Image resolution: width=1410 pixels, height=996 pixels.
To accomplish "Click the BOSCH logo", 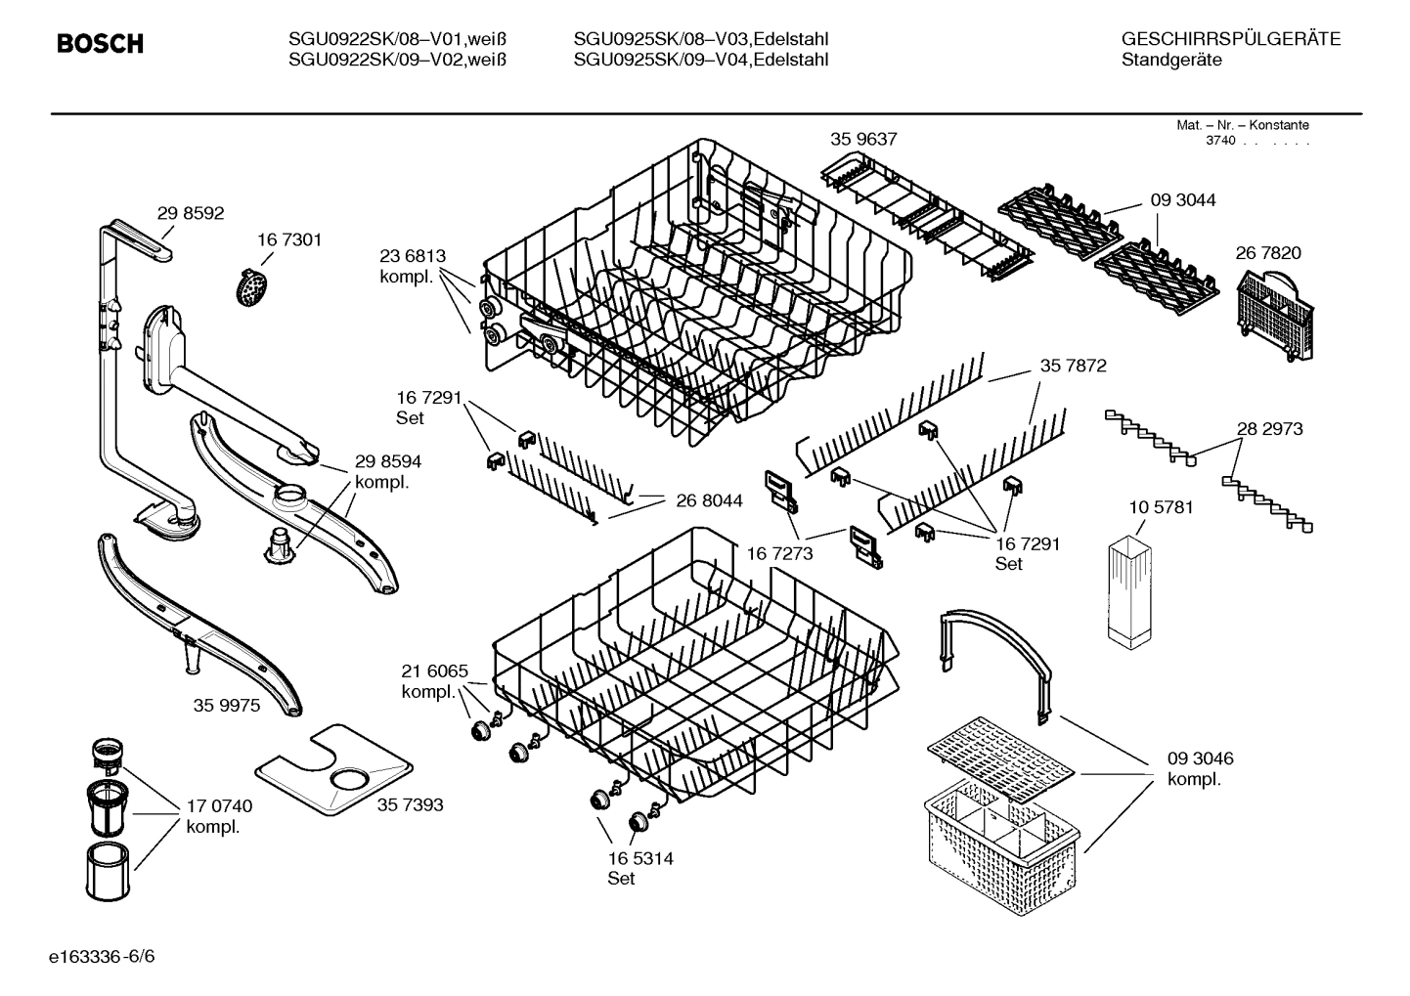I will [x=100, y=44].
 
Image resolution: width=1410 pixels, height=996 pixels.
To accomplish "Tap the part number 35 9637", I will [x=863, y=139].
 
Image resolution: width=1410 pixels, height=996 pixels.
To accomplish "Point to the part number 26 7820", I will [x=1268, y=252].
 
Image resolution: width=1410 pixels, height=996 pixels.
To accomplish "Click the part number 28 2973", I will [x=1269, y=428].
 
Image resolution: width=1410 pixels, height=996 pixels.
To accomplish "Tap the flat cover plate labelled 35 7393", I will [x=332, y=768].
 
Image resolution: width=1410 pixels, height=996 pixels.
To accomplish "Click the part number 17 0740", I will [x=219, y=806].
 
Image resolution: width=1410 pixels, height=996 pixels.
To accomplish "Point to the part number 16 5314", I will [x=639, y=858].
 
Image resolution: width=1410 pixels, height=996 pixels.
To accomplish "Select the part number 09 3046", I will [x=1200, y=758].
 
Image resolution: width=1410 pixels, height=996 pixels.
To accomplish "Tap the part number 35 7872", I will [x=1073, y=366].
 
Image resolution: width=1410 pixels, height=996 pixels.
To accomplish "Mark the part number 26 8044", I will [x=709, y=500].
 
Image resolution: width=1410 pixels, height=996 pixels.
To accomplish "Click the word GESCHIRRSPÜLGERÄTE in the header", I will [x=1230, y=39].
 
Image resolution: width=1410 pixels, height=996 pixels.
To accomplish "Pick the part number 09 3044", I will [x=1183, y=199].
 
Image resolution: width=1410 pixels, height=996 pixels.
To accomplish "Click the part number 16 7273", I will [x=779, y=553].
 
